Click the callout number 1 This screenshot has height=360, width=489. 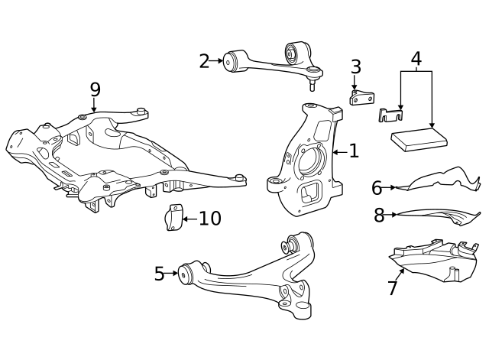353,151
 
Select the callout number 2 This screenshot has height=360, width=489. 204,61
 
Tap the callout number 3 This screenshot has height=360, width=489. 355,67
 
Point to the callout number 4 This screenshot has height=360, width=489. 416,58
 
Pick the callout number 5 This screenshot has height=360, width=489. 159,274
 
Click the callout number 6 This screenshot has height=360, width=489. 377,187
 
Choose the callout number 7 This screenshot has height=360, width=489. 393,288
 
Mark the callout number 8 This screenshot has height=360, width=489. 379,216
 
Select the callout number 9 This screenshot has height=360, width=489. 95,89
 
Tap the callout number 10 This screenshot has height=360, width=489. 210,219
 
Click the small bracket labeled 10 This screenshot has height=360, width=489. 173,217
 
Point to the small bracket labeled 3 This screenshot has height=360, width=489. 361,97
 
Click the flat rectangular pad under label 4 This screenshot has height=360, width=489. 419,139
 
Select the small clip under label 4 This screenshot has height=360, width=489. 390,115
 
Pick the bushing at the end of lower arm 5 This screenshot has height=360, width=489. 186,273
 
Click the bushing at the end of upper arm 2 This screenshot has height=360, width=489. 232,60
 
